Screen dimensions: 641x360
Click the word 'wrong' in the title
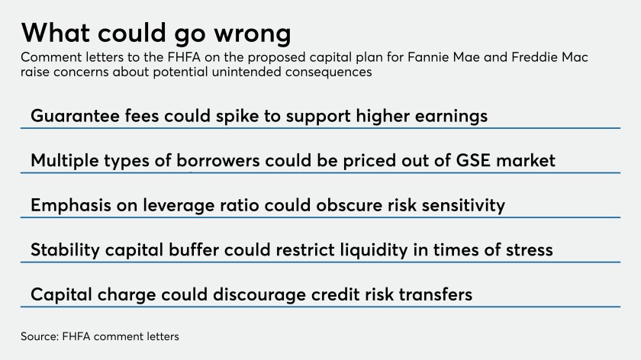pos(253,34)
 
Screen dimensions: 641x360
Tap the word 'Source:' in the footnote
pos(40,336)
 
